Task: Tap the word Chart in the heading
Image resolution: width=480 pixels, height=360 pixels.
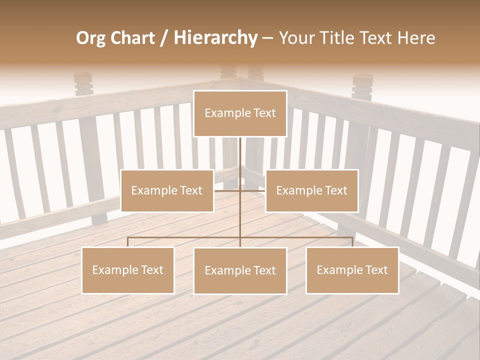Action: [131, 38]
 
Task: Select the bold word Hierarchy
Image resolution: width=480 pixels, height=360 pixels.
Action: [215, 38]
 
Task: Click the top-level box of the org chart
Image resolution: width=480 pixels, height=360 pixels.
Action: [240, 113]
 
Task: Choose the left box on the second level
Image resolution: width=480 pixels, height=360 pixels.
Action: [167, 190]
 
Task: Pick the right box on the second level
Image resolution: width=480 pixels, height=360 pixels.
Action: [311, 190]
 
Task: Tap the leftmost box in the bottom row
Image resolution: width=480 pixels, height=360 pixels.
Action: [128, 270]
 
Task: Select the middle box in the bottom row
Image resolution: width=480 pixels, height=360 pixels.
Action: [240, 271]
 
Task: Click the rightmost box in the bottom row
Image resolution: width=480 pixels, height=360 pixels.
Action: [352, 270]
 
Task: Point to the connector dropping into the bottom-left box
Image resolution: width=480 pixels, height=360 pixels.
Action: [128, 242]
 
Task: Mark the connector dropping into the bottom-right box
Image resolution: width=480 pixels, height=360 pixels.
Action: [352, 242]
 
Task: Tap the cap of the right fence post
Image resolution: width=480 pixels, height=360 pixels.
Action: [362, 80]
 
